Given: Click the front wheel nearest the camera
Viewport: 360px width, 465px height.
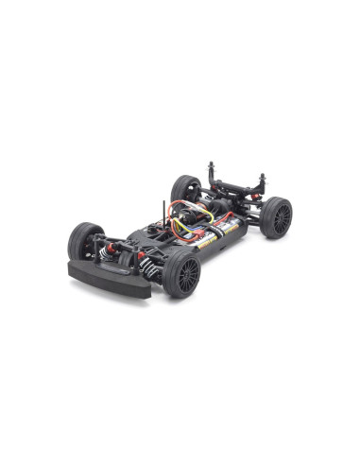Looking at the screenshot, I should pos(182,273).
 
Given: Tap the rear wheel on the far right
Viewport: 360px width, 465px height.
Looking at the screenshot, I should pos(277,218).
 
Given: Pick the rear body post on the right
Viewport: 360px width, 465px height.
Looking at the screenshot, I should pos(262,181).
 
